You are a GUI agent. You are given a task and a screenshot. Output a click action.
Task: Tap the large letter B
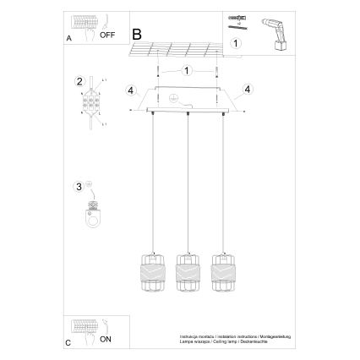coord(138,35)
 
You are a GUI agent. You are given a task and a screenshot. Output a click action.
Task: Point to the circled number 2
coord(79,82)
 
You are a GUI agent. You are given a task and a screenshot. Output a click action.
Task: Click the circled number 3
coord(79,187)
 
